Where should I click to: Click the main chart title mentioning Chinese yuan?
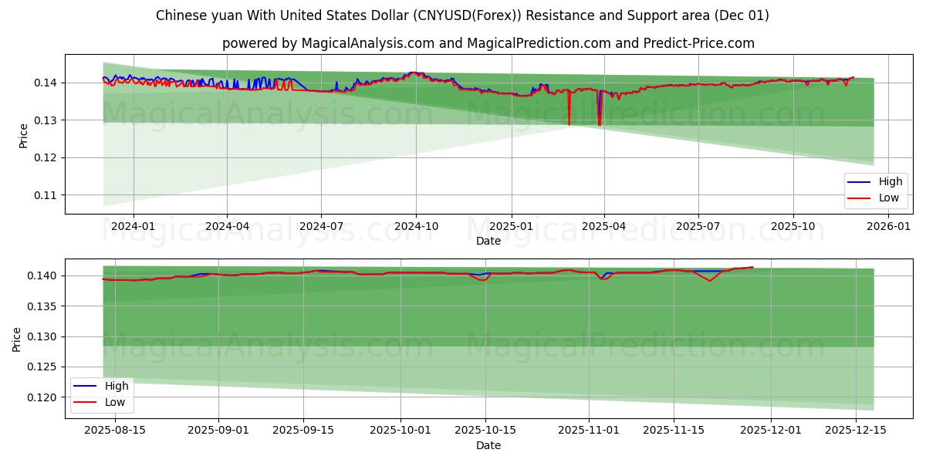coord(462,15)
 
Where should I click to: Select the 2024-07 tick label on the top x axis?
coord(321,226)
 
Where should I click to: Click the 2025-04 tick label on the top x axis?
coord(603,226)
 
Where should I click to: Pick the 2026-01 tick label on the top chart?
coord(887,226)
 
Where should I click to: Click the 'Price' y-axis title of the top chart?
coord(23,135)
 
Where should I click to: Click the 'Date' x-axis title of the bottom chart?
coord(488,445)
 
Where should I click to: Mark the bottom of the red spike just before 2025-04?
coord(599,125)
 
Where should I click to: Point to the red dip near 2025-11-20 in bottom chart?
coord(710,281)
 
